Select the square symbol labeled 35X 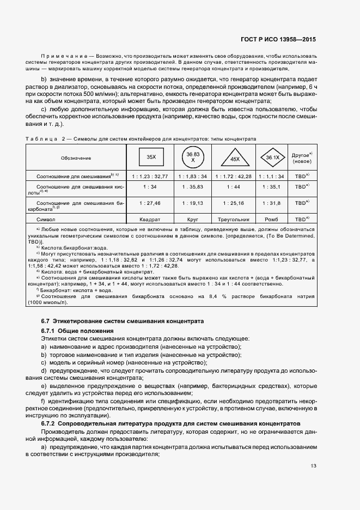(x=151, y=157)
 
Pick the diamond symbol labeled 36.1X (x=273, y=157)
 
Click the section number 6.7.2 (x=48, y=423)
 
